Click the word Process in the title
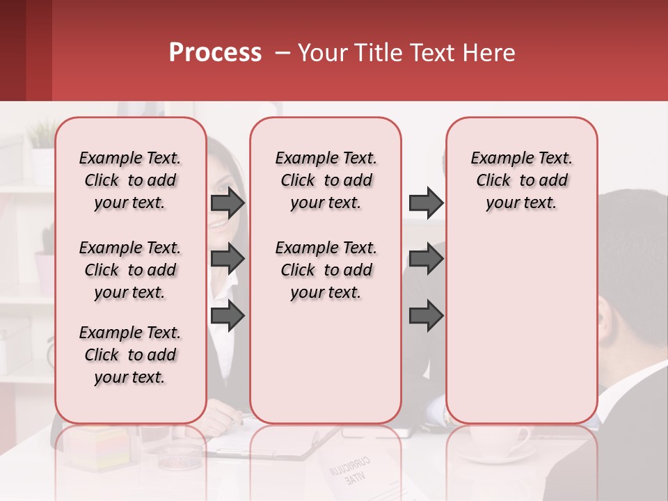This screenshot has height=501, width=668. coord(215,53)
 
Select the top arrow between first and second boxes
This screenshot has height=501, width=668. coord(227,203)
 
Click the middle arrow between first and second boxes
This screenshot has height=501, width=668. coord(227,259)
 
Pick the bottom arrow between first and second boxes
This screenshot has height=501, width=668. coord(227,315)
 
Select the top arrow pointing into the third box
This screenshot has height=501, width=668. coord(426,203)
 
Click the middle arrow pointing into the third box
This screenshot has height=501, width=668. coord(426,259)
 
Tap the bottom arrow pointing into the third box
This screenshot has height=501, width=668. coord(426,315)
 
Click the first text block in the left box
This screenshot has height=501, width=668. coord(130,180)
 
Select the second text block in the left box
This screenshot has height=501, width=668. coord(130,270)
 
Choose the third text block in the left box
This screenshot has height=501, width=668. coord(130,355)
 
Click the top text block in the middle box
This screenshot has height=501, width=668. coord(326,180)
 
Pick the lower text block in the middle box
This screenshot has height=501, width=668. coord(326,270)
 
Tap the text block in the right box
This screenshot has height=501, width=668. coord(521,180)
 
